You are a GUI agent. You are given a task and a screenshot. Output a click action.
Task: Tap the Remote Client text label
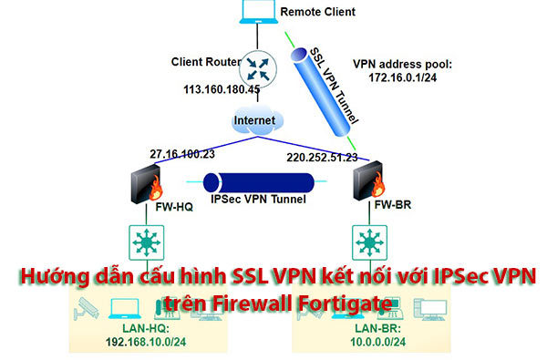click(x=318, y=12)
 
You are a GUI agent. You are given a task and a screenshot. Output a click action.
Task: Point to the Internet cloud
click(x=255, y=121)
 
